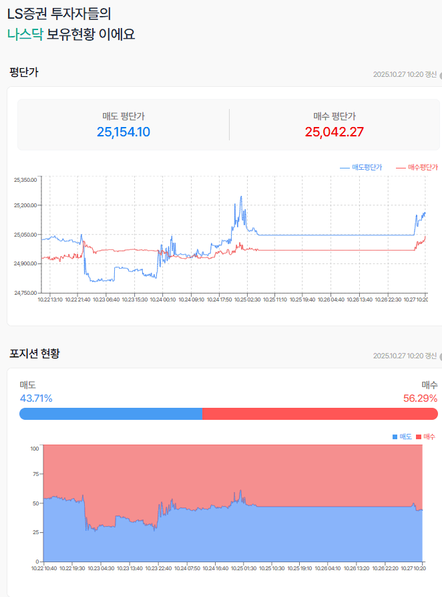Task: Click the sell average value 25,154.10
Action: coord(124,132)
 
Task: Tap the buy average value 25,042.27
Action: coord(335,132)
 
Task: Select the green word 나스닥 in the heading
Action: coord(25,34)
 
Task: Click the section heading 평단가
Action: coord(23,72)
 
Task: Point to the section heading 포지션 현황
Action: coord(35,352)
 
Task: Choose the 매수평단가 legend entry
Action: coord(417,167)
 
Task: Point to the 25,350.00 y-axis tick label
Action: coord(26,179)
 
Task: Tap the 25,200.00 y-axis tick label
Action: coord(26,205)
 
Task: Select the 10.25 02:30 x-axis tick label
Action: coord(247,300)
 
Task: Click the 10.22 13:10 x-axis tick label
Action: coord(50,300)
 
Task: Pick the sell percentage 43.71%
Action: coord(36,398)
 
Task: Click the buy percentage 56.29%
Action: coord(421,398)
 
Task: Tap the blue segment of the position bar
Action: coord(111,414)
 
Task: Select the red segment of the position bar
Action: coord(320,414)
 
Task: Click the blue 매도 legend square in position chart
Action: coord(395,437)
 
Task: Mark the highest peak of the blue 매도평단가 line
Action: coord(240,197)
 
